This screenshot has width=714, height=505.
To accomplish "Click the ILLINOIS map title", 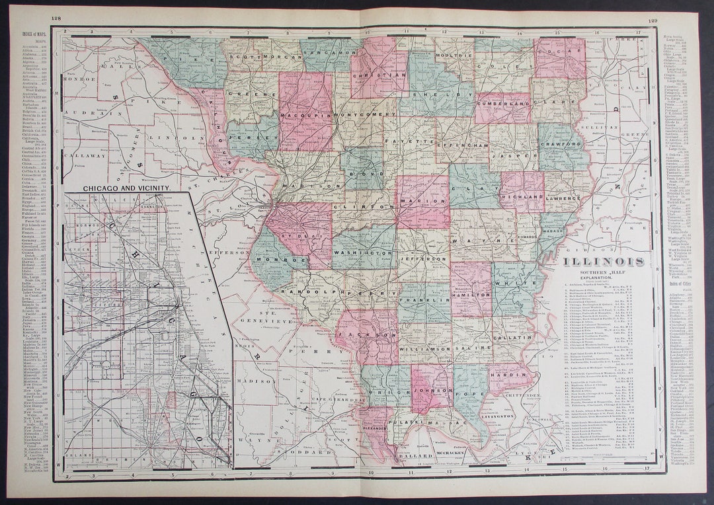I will [x=604, y=261].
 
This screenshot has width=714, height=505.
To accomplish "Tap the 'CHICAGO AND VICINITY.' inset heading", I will [x=126, y=188].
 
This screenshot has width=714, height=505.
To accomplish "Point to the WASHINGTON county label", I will [x=363, y=253].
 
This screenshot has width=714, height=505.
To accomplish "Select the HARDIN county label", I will [x=510, y=373].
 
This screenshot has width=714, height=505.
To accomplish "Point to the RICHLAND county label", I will [x=522, y=197].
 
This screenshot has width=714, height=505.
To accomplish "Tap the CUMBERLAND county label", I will [x=503, y=104].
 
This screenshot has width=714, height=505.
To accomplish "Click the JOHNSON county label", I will [x=431, y=391].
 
